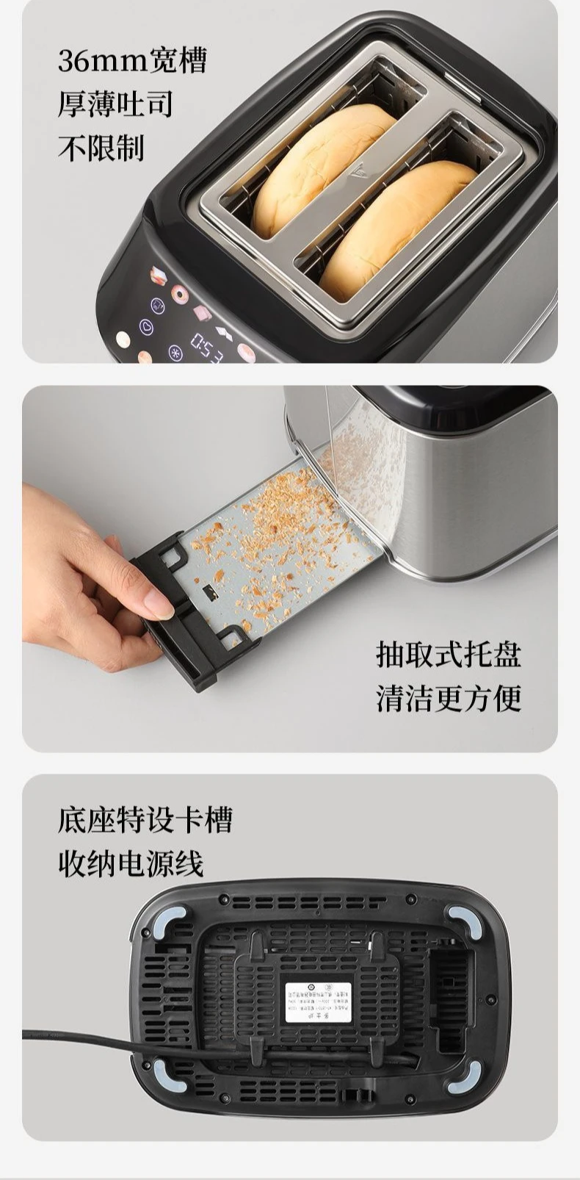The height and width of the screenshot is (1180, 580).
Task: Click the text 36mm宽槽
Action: click(132, 60)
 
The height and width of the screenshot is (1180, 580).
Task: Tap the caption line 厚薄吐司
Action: click(115, 104)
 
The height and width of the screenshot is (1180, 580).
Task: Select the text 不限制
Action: click(101, 148)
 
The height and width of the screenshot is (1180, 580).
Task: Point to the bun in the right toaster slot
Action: click(396, 228)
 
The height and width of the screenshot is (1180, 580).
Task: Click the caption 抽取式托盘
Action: click(449, 653)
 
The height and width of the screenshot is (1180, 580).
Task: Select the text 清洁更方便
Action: click(449, 697)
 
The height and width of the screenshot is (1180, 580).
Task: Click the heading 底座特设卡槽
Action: click(145, 819)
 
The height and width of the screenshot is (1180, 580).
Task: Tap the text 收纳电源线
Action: click(130, 863)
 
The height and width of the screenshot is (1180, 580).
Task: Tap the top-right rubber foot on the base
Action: click(462, 920)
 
